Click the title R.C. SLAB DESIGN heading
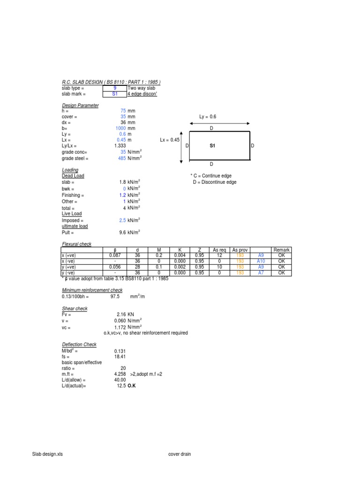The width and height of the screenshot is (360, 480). point(111,82)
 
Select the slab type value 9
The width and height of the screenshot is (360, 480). point(115,88)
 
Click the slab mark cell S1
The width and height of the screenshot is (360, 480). point(115,94)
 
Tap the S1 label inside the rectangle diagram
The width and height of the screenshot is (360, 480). point(212,146)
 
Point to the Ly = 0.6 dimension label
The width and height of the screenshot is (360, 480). point(208,117)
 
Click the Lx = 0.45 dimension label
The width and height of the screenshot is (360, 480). point(170,140)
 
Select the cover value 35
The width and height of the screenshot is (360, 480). point(123,117)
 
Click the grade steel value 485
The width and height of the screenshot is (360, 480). point(122,158)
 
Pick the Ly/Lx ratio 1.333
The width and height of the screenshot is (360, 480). point(120,146)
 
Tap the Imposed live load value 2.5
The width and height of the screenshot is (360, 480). point(122,220)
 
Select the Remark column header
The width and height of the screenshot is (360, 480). point(282,250)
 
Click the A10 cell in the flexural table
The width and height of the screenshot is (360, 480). point(261,261)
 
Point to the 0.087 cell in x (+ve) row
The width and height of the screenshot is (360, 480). point(115,255)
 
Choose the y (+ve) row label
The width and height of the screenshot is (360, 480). point(70,267)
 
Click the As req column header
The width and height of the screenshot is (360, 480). point(219,250)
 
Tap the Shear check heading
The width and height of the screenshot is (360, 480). point(75,309)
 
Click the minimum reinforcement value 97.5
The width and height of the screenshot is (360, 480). point(115,297)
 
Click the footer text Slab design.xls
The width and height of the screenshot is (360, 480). point(47,454)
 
